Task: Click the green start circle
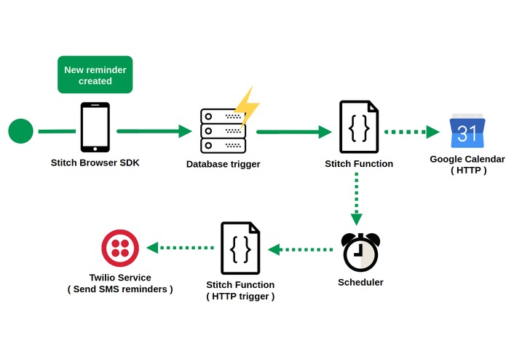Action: tap(20, 131)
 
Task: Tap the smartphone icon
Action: tap(95, 128)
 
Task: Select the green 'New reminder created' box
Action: tap(95, 74)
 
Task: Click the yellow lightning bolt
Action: tap(247, 106)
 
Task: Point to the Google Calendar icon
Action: tap(467, 130)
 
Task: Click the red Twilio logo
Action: tap(120, 248)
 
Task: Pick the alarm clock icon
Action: tap(360, 252)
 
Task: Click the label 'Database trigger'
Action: tap(224, 164)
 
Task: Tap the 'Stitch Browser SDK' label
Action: tap(95, 163)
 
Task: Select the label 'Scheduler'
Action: tap(360, 282)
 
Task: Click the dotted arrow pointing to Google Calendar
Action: tap(412, 132)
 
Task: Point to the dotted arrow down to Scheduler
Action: tap(356, 199)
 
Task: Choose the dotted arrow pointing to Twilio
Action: tap(180, 248)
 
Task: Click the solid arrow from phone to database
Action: tap(154, 131)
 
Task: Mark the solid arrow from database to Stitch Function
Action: tap(294, 132)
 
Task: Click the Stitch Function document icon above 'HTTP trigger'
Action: tap(240, 248)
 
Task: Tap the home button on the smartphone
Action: tap(95, 149)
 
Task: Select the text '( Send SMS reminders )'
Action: tap(120, 289)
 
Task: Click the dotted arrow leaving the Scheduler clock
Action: tap(301, 249)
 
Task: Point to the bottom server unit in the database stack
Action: tap(224, 146)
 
